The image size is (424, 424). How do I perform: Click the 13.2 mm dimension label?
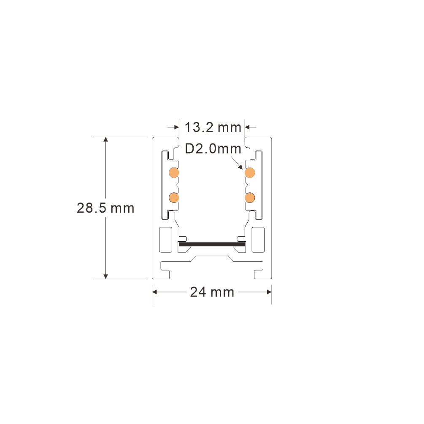point(213,127)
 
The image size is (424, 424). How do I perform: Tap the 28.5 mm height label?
point(105,208)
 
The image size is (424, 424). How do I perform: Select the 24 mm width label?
point(212,292)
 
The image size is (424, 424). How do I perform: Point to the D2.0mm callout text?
point(213,149)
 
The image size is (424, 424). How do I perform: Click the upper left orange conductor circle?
point(174,173)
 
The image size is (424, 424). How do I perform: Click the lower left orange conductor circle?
point(174,198)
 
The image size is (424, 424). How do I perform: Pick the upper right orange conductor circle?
point(250,173)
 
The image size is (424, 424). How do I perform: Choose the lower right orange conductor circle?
point(250,198)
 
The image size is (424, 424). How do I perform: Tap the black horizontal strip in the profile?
point(212,244)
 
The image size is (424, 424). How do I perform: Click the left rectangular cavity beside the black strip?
point(165,240)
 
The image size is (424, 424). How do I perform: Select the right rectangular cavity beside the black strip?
point(258,240)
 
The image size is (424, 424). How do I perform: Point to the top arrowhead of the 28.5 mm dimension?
point(106,139)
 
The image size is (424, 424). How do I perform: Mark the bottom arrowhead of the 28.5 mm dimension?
point(106,276)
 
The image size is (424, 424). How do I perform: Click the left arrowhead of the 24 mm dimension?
point(155,292)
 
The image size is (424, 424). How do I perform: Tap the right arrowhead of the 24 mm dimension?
point(269,292)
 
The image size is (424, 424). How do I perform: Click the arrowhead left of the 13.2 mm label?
point(176,127)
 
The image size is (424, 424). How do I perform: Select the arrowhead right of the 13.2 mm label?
point(247,127)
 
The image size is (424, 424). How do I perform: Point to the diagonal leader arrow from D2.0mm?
point(237,163)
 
